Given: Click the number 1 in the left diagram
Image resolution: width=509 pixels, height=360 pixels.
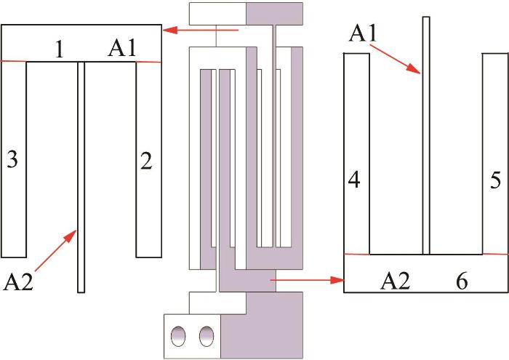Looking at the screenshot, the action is click(59, 49).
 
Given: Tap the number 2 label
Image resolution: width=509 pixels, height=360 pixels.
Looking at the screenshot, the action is click(146, 161).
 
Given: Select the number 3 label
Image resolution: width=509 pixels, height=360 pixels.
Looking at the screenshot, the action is click(12, 159).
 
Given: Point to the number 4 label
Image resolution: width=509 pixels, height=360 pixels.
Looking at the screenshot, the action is click(354, 180).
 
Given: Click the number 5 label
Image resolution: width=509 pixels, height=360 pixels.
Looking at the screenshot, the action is click(495, 180).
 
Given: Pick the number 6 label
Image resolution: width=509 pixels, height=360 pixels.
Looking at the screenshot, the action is click(462, 281).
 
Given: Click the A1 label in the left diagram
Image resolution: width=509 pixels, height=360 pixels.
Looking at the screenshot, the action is click(122, 49).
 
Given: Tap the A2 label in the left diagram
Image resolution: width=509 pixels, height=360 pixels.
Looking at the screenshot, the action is click(18, 281).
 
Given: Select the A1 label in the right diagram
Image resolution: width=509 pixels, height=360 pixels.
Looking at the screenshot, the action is click(363, 33).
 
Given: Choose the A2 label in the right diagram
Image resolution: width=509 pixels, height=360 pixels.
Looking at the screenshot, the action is click(396, 281).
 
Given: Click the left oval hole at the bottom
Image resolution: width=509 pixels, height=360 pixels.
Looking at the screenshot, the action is click(179, 336).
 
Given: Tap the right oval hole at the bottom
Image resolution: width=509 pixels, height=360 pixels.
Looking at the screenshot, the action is click(207, 336).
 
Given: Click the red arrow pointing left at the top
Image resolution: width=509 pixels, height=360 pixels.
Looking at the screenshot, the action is click(201, 31).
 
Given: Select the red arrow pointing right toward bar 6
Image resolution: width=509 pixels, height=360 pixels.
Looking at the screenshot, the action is click(307, 279).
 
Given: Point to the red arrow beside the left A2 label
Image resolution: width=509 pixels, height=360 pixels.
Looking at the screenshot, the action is click(55, 250).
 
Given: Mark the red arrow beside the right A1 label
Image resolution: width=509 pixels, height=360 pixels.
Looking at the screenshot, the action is click(396, 59).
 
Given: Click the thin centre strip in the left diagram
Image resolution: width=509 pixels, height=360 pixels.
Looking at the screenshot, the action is click(81, 177).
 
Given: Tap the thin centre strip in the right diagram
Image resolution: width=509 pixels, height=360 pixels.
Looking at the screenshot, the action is click(426, 135).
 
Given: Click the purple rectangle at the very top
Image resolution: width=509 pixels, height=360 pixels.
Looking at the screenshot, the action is click(275, 14).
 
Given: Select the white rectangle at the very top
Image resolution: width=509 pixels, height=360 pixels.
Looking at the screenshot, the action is click(217, 14).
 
